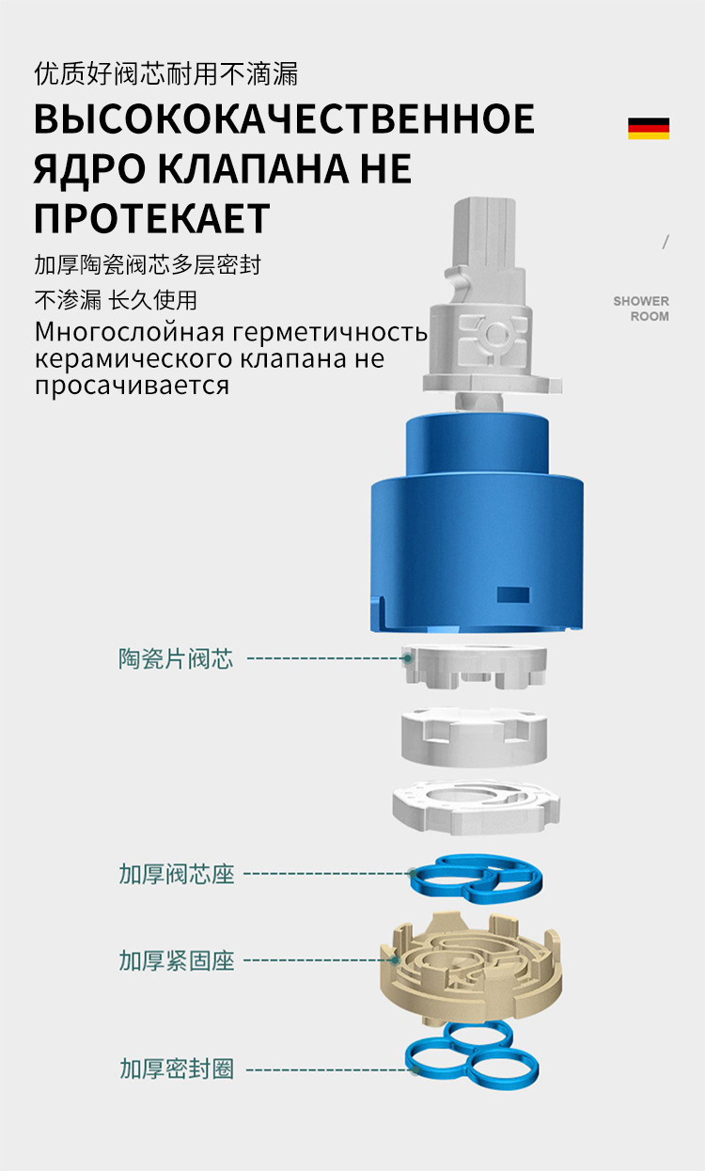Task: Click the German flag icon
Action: (649, 129)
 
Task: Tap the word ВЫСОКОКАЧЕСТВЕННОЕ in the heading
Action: (284, 119)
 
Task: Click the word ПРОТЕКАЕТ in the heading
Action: (151, 218)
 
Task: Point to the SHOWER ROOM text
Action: (641, 309)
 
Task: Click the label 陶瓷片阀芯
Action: (176, 658)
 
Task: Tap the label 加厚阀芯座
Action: (177, 874)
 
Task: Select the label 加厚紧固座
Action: (177, 960)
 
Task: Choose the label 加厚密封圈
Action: (177, 1068)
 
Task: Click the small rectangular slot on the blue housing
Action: (512, 594)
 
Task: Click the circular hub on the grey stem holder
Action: (493, 334)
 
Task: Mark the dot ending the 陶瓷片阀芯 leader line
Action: (408, 658)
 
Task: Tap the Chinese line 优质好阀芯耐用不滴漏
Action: (166, 73)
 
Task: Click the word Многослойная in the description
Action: (130, 332)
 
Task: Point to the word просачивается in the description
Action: (132, 386)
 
